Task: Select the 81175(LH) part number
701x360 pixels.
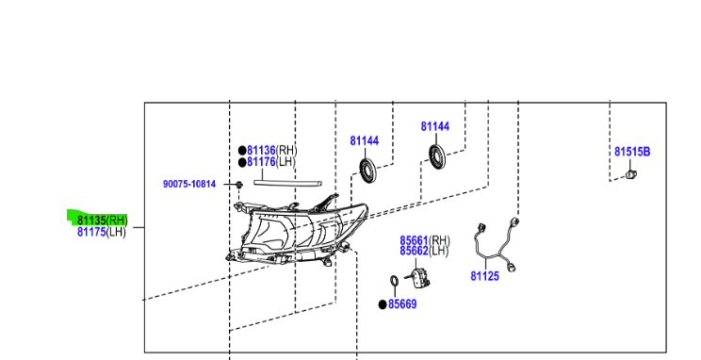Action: click(x=101, y=232)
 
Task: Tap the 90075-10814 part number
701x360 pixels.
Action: click(x=188, y=184)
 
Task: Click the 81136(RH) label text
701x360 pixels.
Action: click(x=272, y=150)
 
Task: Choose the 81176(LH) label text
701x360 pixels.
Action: click(x=271, y=161)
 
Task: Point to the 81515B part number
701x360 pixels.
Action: click(x=632, y=151)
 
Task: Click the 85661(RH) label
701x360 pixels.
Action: click(x=424, y=240)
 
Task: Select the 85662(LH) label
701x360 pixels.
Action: click(x=424, y=251)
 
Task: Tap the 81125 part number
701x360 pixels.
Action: click(x=484, y=277)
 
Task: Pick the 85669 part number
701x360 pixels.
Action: click(x=401, y=304)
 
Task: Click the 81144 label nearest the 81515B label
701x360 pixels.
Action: click(x=435, y=126)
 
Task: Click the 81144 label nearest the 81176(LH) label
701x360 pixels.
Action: click(x=364, y=140)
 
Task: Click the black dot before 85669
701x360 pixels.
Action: click(x=382, y=304)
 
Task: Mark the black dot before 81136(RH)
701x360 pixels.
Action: click(x=241, y=150)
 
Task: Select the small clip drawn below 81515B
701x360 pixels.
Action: click(x=631, y=173)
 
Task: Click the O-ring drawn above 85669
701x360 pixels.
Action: click(x=395, y=282)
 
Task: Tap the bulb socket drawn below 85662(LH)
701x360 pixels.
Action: click(x=417, y=277)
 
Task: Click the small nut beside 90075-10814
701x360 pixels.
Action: click(x=239, y=184)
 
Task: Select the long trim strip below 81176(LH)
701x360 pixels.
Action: click(x=288, y=178)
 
